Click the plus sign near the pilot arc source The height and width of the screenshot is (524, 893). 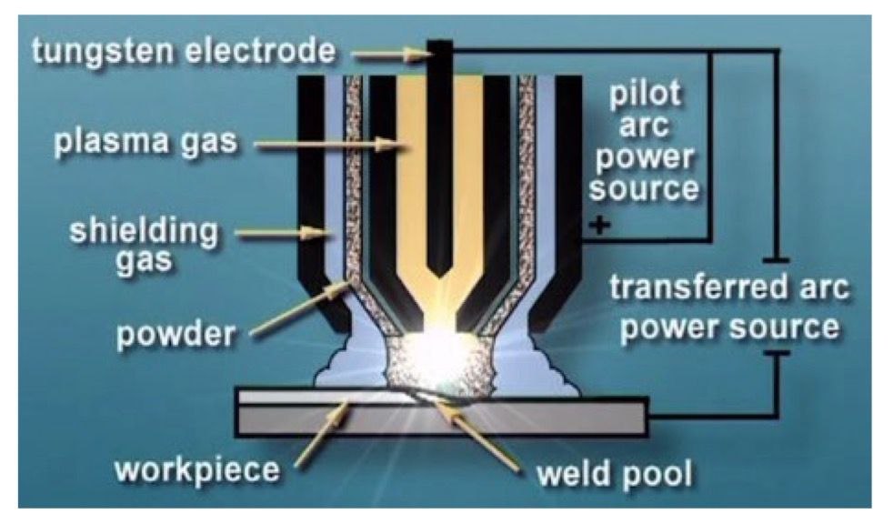point(601,225)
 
